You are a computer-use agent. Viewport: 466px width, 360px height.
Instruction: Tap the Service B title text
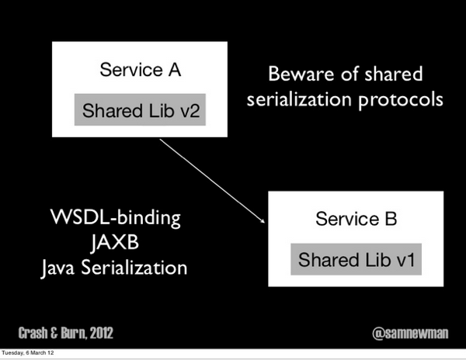point(356,219)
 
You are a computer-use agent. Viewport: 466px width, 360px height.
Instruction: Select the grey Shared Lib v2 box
point(141,110)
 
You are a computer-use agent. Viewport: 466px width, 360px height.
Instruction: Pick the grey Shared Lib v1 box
point(357,258)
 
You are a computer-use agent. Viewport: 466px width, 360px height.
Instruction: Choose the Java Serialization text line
point(114,268)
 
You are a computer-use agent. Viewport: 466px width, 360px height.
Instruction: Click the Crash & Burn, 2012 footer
point(66,333)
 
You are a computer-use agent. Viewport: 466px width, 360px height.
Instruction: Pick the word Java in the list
point(58,268)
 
